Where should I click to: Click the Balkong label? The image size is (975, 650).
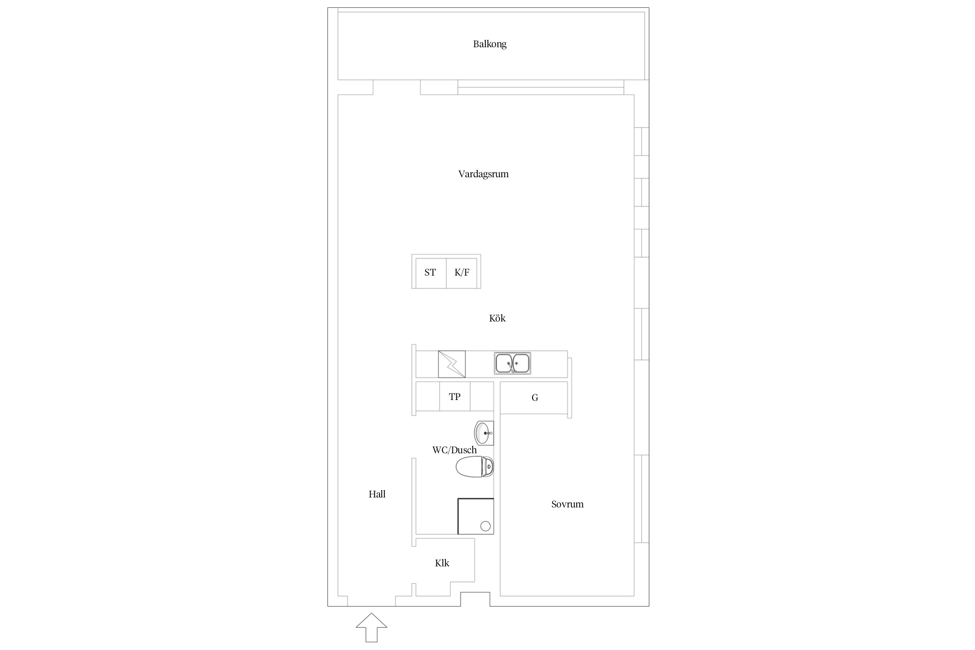[490, 44]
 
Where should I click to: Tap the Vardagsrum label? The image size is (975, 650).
[484, 174]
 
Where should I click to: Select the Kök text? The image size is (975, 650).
[497, 318]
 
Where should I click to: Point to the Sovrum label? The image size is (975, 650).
[567, 504]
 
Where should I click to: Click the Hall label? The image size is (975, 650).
[377, 494]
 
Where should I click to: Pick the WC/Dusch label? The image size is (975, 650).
[455, 450]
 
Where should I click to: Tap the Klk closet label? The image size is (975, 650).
[442, 563]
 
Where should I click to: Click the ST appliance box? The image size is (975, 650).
[431, 273]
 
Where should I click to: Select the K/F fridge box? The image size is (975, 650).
[462, 273]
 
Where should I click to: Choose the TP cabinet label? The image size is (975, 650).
[455, 396]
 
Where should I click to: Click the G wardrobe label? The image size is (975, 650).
[535, 397]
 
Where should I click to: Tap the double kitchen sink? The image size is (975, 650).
[513, 363]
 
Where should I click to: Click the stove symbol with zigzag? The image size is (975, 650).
[452, 364]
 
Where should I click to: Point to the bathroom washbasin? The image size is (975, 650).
[484, 432]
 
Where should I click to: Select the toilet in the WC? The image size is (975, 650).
[474, 467]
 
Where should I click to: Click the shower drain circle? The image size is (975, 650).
[486, 526]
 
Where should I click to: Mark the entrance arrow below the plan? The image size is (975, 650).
[371, 627]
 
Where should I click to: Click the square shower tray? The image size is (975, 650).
[476, 516]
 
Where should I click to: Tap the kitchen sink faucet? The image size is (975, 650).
[513, 367]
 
